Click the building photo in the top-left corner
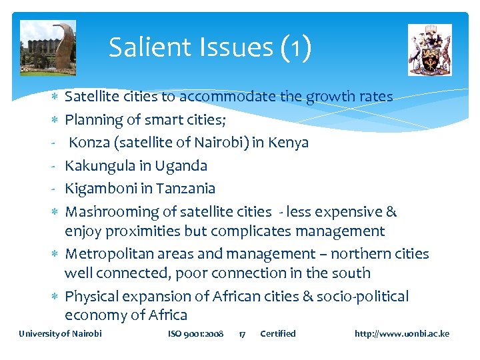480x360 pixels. (48, 47)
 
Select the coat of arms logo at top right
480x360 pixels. (429, 50)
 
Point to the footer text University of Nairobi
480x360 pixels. (61, 333)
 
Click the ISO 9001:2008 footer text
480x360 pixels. (196, 333)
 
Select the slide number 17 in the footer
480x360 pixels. (243, 333)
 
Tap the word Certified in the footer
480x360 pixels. (278, 333)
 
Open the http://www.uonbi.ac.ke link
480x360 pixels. (402, 333)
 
